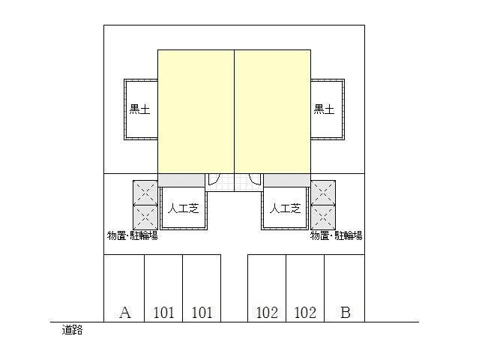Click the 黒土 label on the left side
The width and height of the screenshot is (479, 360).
pyautogui.click(x=140, y=109)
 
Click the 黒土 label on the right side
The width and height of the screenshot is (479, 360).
pyautogui.click(x=324, y=109)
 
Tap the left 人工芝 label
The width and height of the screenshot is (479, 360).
pyautogui.click(x=184, y=208)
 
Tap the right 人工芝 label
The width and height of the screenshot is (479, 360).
pyautogui.click(x=285, y=208)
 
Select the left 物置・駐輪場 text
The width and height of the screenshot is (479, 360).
pyautogui.click(x=132, y=235)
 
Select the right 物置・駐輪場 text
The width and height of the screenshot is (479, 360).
pyautogui.click(x=337, y=235)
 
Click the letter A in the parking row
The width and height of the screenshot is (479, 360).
pyautogui.click(x=125, y=312)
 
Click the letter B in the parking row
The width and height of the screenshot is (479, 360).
pyautogui.click(x=346, y=312)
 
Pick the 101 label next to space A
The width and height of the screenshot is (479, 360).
pyautogui.click(x=163, y=313)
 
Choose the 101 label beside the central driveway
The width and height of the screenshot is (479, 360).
pyautogui.click(x=202, y=313)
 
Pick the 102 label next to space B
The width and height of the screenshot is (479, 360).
pyautogui.click(x=305, y=313)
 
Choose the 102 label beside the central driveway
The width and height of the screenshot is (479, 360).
pyautogui.click(x=267, y=313)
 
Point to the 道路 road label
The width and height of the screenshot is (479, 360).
pyautogui.click(x=72, y=330)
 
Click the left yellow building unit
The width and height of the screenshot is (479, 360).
pyautogui.click(x=196, y=112)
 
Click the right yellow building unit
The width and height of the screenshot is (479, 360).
pyautogui.click(x=273, y=112)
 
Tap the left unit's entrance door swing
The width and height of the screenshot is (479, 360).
pyautogui.click(x=213, y=180)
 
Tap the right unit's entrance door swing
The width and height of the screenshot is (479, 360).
pyautogui.click(x=255, y=180)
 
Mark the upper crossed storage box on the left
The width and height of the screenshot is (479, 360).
pyautogui.click(x=145, y=193)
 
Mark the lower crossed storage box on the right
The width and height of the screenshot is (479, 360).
pyautogui.click(x=323, y=217)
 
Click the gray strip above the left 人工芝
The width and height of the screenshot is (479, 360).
pyautogui.click(x=181, y=180)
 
